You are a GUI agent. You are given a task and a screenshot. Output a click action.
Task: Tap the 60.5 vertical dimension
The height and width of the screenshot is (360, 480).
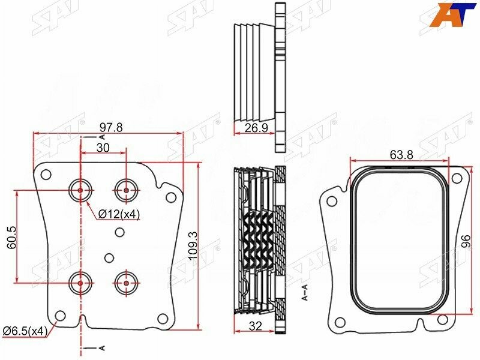[x=12, y=236]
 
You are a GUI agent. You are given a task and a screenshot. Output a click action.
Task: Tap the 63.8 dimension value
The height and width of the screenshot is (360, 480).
[x=401, y=155]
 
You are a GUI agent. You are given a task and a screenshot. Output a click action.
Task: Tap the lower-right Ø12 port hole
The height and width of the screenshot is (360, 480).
[x=126, y=281]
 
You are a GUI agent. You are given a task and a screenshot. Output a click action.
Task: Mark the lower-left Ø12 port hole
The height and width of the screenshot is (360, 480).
[x=80, y=281]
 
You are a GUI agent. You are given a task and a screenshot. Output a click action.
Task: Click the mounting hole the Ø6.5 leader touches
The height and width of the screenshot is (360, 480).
[x=59, y=316]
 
